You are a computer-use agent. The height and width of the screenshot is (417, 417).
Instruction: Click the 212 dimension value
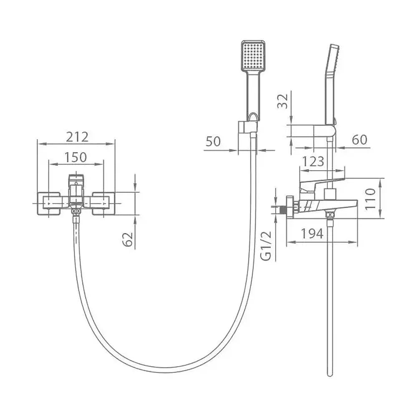pos(77,137)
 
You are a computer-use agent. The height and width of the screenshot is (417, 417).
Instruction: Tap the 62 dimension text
pos(127,239)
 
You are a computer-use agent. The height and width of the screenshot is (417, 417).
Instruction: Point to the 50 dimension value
pos(213,141)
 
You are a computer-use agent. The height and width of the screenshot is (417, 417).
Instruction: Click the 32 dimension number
pos(283,101)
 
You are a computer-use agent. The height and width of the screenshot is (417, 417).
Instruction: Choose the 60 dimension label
pos(359,140)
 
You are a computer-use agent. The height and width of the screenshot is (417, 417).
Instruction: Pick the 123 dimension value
pos(314,161)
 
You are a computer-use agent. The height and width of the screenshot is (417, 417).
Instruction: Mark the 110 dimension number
pos(370,199)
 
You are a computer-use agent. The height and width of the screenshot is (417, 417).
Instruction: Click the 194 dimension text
pos(312,234)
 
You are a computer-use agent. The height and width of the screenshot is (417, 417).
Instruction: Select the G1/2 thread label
pos(266,246)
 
